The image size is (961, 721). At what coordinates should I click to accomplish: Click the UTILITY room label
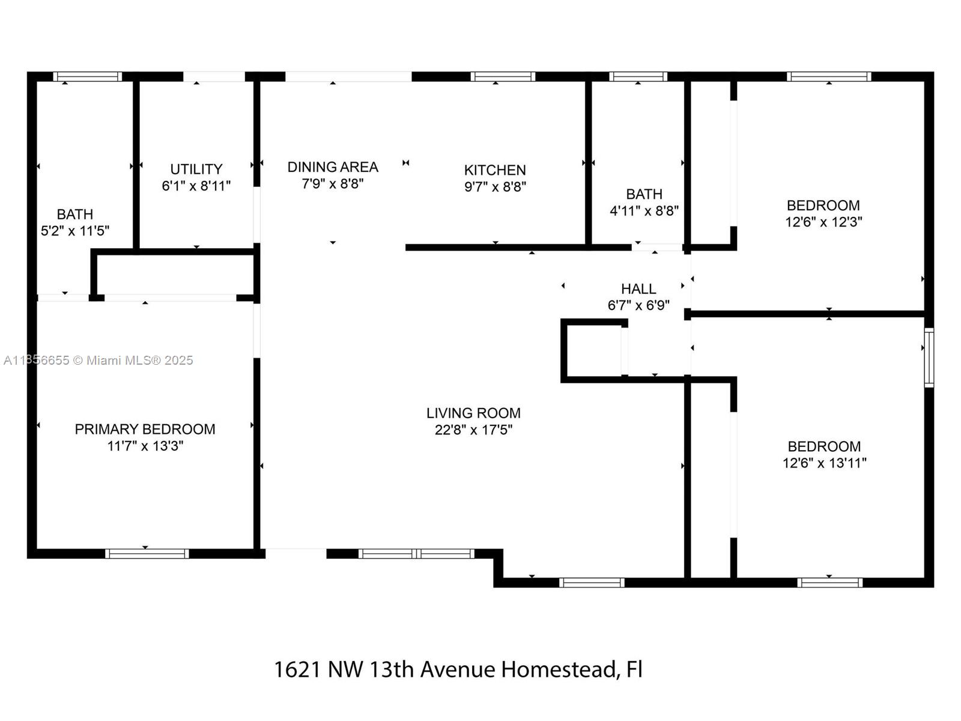(x=196, y=169)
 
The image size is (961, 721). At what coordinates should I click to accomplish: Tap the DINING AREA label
(x=333, y=167)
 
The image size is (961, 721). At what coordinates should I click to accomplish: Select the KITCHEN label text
(x=495, y=170)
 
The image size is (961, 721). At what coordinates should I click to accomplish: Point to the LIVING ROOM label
(x=473, y=413)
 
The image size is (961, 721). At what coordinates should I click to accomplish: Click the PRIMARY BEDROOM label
(x=145, y=429)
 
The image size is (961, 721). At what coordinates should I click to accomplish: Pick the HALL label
(x=638, y=289)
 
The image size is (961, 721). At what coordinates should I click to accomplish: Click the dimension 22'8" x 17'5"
(x=473, y=430)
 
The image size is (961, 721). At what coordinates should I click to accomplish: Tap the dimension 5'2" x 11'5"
(x=75, y=231)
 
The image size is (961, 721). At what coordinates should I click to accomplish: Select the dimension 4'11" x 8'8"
(x=644, y=211)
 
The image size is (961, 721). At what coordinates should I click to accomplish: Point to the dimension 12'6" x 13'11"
(x=825, y=463)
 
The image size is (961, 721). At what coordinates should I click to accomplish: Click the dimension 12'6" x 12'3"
(x=823, y=222)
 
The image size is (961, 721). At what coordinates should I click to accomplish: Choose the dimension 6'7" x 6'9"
(x=638, y=305)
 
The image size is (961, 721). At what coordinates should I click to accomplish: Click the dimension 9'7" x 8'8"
(x=495, y=187)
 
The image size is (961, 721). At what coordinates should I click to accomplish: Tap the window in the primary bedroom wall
(x=147, y=554)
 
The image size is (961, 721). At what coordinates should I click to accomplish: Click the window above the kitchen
(x=503, y=77)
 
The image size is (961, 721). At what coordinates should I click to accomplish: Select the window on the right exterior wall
(x=929, y=357)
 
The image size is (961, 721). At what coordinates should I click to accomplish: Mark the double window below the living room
(x=416, y=554)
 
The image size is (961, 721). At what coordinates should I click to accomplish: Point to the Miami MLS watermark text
(x=99, y=360)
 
